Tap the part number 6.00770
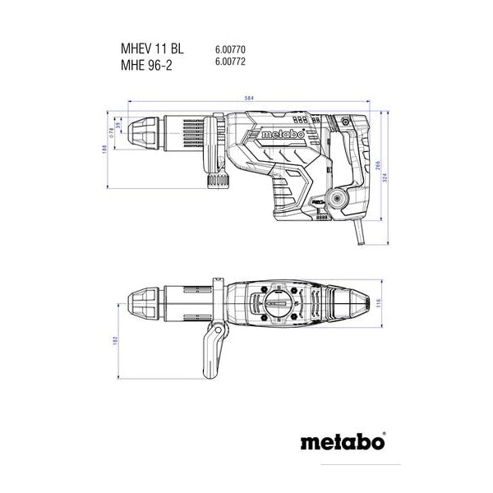[231, 49]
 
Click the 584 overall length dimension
[248, 99]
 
